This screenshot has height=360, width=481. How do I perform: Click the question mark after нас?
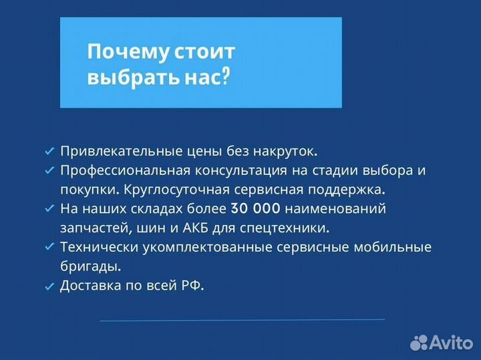pyautogui.click(x=225, y=77)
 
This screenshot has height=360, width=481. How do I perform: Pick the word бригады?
pyautogui.click(x=90, y=266)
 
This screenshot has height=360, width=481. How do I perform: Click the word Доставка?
pyautogui.click(x=88, y=285)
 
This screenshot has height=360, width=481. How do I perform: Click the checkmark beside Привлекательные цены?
pyautogui.click(x=49, y=152)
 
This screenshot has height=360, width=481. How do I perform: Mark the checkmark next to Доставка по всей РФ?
pyautogui.click(x=49, y=287)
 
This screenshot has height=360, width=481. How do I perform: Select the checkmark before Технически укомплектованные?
pyautogui.click(x=49, y=248)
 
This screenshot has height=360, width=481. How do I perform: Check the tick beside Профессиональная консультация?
pyautogui.click(x=49, y=171)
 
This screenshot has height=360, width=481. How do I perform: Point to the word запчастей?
pyautogui.click(x=89, y=228)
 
